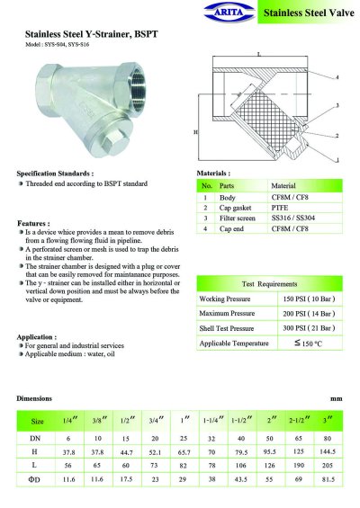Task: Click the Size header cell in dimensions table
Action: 38,421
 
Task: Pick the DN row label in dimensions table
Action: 38,436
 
